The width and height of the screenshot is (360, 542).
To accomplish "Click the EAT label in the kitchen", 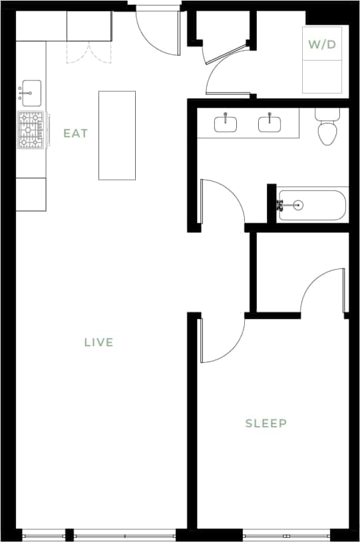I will (75, 133).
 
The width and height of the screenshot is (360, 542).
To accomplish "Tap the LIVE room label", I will (98, 343).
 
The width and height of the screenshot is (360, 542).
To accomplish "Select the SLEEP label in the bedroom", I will (266, 423).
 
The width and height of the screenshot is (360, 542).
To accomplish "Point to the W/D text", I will (322, 45).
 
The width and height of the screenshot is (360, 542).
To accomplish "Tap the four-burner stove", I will (31, 130).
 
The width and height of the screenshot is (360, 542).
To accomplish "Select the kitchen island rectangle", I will (117, 135).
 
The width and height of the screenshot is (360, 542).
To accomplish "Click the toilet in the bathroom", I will (326, 129).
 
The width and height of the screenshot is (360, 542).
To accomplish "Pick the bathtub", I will (312, 205).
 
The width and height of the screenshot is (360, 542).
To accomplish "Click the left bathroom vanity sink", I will (226, 124).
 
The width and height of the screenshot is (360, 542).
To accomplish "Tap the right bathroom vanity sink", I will (270, 124).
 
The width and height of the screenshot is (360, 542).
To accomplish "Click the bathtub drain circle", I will (297, 205).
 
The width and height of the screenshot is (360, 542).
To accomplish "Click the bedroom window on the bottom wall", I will (286, 535).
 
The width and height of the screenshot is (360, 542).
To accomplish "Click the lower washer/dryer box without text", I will (322, 77).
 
